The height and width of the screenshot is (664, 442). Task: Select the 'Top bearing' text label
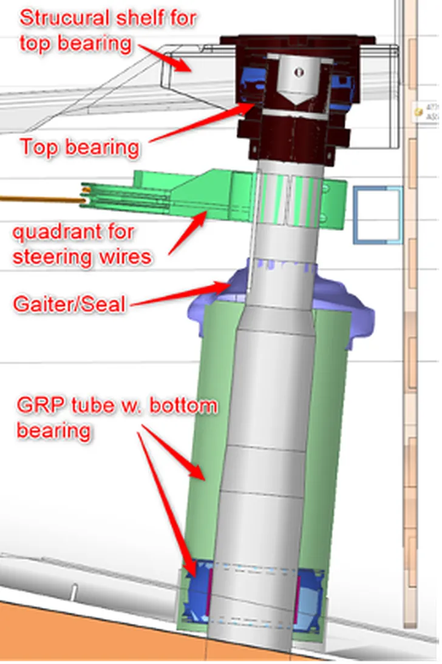click(80, 147)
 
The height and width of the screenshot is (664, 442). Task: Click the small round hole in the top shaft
click(297, 72)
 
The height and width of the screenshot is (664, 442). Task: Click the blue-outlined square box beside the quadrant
click(378, 215)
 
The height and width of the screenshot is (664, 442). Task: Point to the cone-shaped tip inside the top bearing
click(297, 97)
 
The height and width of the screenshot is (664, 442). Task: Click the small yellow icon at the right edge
click(418, 112)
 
